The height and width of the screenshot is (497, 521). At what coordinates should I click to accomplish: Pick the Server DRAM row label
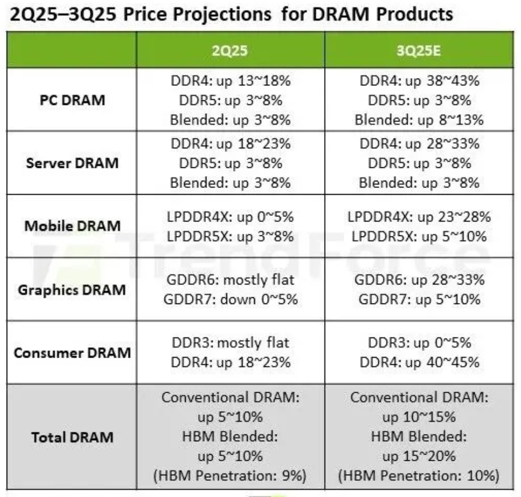[x=73, y=163]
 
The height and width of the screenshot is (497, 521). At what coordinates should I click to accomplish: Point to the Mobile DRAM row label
[x=73, y=226]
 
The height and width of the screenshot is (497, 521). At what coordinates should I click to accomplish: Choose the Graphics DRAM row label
[x=72, y=289]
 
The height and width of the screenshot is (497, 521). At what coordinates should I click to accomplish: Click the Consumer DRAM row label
[x=72, y=353]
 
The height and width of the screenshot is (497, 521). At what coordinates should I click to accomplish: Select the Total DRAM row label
[x=72, y=437]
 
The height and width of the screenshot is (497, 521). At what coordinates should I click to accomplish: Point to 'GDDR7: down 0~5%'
[x=230, y=299]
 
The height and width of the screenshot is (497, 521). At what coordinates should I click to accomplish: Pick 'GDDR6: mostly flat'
[x=230, y=281]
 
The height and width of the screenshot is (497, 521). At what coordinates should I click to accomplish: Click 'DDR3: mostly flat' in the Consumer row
[x=230, y=343]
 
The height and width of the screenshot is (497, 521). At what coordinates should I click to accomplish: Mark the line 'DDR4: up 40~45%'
[x=419, y=362]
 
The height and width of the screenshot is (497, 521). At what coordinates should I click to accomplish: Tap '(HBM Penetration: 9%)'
[x=230, y=475]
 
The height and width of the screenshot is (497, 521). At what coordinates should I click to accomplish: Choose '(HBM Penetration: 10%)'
[x=419, y=475]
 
